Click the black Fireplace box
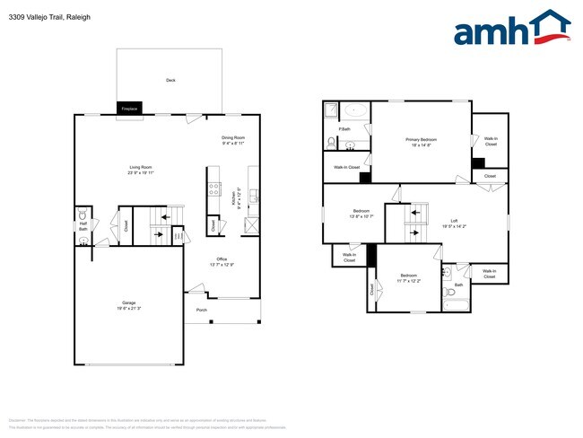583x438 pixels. pos(130,109)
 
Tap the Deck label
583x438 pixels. pos(170,80)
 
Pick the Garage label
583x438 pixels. pos(129,302)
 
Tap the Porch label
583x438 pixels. pos(202,311)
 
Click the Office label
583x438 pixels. pos(221,259)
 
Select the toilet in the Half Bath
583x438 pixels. pos(83,215)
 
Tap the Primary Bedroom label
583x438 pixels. pos(421,139)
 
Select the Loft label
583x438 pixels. pos(454,220)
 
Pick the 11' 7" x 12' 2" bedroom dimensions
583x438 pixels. pos(408,281)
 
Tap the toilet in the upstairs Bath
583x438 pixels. pos(449,292)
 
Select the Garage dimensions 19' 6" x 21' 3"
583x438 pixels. pos(129,308)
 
